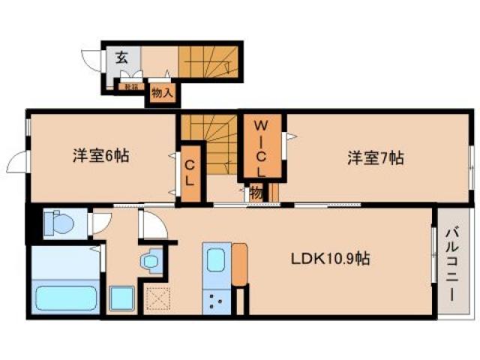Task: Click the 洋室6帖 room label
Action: coord(100,157)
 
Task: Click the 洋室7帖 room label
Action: coord(376,158)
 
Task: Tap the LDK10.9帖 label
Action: coord(330,259)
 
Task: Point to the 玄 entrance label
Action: coord(121,57)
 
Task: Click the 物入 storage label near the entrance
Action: coord(162,94)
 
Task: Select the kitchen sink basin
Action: coord(215,262)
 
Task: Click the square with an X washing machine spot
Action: coord(158,300)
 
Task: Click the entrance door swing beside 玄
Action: coord(93,63)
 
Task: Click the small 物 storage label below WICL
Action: coord(256,193)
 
